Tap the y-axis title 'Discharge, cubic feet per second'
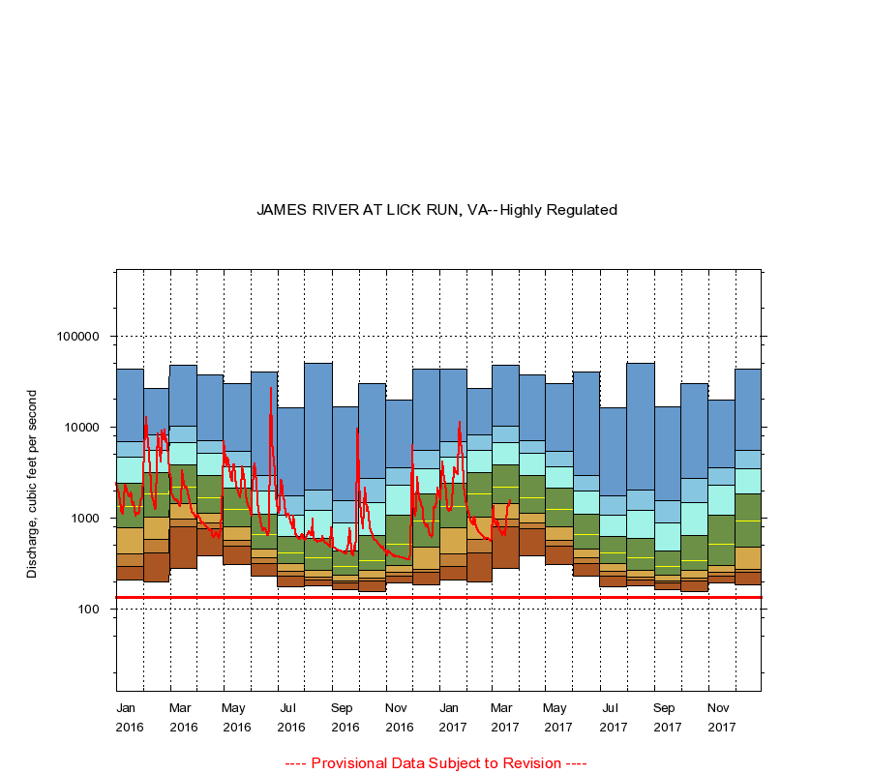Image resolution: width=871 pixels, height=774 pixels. (x=32, y=484)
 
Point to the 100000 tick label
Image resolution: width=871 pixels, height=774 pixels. (x=78, y=337)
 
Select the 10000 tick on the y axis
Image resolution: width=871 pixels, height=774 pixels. (x=81, y=428)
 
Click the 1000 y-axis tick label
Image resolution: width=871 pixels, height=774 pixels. (x=84, y=519)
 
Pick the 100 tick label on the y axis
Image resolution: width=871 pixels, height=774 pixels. (x=88, y=610)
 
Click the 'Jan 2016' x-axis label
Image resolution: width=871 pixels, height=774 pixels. (x=129, y=717)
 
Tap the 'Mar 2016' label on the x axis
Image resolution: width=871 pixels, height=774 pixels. (x=183, y=717)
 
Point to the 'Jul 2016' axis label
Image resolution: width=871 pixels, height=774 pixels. (x=290, y=717)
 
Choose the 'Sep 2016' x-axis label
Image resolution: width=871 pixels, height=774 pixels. (x=345, y=717)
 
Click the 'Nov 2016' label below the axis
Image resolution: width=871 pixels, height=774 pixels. (x=399, y=717)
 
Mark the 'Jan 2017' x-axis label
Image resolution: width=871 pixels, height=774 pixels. (x=452, y=717)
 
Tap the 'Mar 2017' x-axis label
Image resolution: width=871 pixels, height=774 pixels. (x=505, y=717)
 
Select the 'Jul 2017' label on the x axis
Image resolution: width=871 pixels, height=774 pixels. (x=612, y=717)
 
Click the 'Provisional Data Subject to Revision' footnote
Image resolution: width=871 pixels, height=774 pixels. (x=435, y=763)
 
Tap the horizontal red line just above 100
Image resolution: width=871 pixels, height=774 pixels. (x=435, y=597)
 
